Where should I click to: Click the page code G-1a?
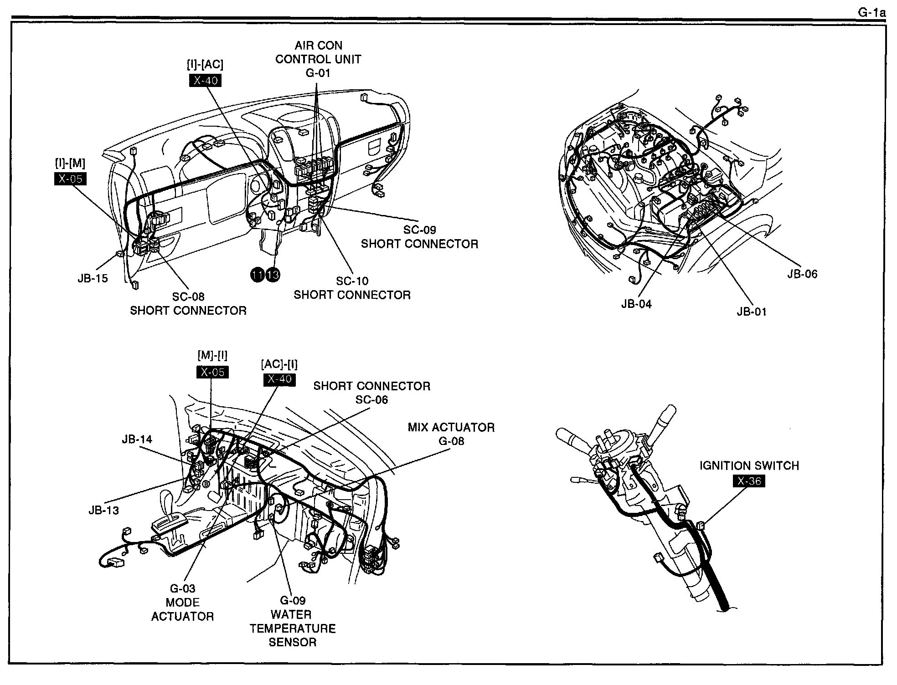click(x=872, y=12)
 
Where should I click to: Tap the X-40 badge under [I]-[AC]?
click(x=205, y=81)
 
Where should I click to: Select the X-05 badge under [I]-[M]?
click(x=70, y=179)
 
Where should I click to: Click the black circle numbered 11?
click(x=258, y=275)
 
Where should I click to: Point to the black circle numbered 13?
click(x=273, y=275)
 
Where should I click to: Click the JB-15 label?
click(x=93, y=278)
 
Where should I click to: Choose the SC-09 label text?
click(x=419, y=230)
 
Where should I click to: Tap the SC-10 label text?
click(x=352, y=281)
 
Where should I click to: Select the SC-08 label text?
click(x=188, y=296)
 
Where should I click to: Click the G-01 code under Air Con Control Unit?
click(x=318, y=73)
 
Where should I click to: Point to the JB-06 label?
click(x=802, y=274)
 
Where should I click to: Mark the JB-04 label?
click(x=636, y=304)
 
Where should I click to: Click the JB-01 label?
click(x=752, y=312)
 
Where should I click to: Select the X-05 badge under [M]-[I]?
click(x=212, y=372)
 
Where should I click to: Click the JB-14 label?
click(x=137, y=440)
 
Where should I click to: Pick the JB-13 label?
click(x=103, y=510)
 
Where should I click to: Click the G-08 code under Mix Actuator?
click(x=451, y=441)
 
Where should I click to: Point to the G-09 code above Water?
click(x=293, y=600)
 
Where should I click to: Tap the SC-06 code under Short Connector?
click(x=371, y=399)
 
